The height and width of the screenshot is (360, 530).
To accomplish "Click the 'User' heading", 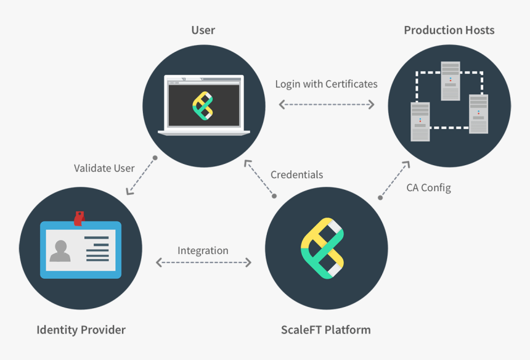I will [x=203, y=30].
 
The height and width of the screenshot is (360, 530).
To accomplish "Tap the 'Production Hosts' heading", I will [x=449, y=30].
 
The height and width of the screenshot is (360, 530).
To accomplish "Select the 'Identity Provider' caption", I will [x=81, y=330].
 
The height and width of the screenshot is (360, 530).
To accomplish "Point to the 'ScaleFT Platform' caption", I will [x=326, y=329].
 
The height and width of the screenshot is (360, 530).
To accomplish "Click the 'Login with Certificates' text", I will [x=326, y=84].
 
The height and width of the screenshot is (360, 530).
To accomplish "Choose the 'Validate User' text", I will [x=104, y=168].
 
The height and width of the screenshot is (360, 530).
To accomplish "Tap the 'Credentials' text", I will [x=296, y=174].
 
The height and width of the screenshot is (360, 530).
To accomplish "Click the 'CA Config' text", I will [x=428, y=187].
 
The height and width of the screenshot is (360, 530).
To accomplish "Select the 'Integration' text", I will [x=203, y=250].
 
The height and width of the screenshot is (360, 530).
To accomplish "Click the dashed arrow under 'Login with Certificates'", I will [x=326, y=104].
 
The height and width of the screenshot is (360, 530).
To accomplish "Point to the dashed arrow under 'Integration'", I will [x=203, y=263].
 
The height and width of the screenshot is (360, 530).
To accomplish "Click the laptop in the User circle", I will [x=204, y=105].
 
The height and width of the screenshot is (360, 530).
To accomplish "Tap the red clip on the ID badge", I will [x=78, y=218].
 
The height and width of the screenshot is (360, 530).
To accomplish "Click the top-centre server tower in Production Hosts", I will [x=450, y=80].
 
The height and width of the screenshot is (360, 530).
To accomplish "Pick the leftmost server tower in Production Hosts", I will [x=420, y=121].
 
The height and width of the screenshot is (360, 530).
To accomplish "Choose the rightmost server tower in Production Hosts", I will [x=478, y=113].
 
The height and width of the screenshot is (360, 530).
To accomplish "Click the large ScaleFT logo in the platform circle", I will [x=322, y=248].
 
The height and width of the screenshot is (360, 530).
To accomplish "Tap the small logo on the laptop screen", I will [x=203, y=104].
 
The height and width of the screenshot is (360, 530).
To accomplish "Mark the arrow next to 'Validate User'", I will [x=141, y=176].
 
